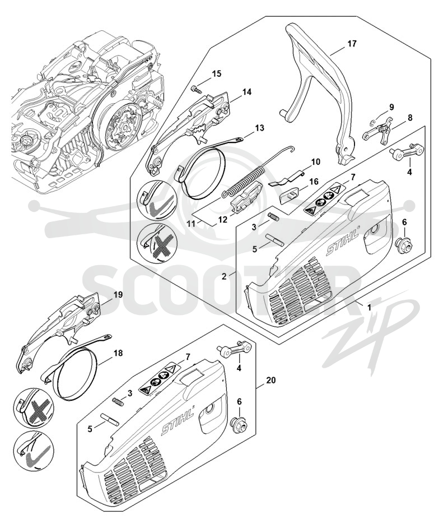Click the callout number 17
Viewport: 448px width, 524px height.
[352, 44]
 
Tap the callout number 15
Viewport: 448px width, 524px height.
[216, 73]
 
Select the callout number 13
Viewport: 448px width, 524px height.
[259, 128]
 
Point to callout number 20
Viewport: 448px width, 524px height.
[271, 380]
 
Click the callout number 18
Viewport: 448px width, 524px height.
[118, 353]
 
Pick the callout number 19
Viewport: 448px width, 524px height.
[118, 295]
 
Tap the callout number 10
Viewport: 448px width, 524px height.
[315, 162]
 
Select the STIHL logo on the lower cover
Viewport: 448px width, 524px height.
[178, 423]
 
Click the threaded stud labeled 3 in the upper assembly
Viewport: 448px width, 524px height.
[274, 217]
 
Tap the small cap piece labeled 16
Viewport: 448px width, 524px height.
[290, 193]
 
